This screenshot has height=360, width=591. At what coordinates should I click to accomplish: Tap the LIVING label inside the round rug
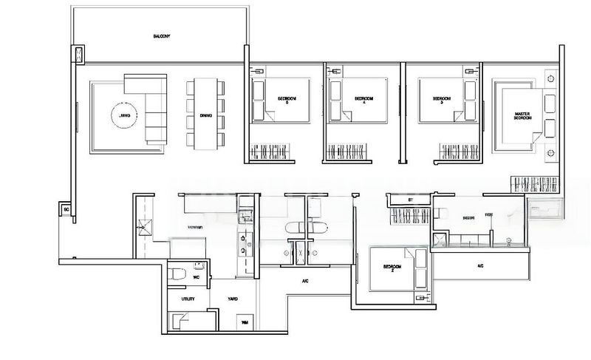(x=125, y=115)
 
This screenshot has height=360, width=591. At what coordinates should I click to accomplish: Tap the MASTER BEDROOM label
(x=523, y=117)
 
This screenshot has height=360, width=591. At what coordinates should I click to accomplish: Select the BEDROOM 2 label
(x=392, y=268)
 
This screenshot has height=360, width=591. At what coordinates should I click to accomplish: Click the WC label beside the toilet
(x=197, y=277)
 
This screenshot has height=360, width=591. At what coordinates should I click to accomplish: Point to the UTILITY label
(x=188, y=299)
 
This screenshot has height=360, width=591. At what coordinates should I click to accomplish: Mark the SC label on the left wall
(x=66, y=210)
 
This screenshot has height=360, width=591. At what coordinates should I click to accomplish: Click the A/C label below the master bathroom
(x=480, y=265)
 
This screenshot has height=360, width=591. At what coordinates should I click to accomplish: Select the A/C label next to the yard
(x=304, y=281)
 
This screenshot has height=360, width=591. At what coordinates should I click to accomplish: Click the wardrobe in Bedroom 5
(x=276, y=152)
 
